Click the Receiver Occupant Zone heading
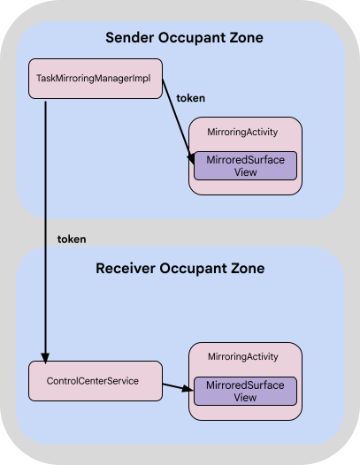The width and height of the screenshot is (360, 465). [x=180, y=268]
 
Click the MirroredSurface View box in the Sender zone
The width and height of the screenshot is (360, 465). [x=245, y=165]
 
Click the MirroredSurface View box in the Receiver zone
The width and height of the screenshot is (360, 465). [x=245, y=391]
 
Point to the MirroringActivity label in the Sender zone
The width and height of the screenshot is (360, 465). [x=245, y=132]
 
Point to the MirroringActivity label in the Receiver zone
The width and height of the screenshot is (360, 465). [x=245, y=356]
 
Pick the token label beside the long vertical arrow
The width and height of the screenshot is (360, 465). [x=71, y=239]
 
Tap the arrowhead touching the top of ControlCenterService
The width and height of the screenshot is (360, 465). [x=44, y=355]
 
